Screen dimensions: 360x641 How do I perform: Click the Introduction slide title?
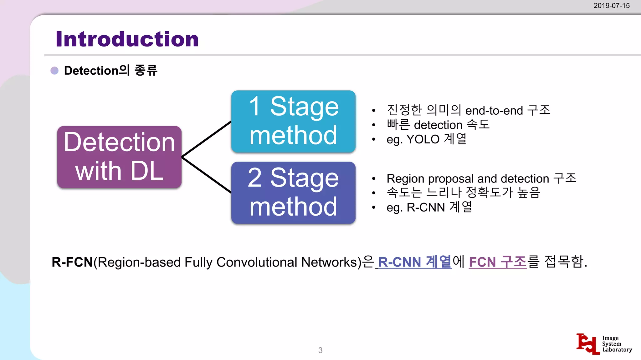tap(127, 39)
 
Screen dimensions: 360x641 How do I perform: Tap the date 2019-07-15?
tap(611, 6)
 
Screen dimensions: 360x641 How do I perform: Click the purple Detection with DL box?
tap(119, 157)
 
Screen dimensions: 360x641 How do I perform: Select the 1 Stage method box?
tap(293, 121)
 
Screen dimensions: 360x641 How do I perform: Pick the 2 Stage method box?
tap(293, 192)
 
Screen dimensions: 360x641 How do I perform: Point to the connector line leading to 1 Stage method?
tap(207, 139)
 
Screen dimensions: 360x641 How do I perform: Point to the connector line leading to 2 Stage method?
tap(207, 175)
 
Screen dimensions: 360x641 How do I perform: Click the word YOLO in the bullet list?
tap(423, 139)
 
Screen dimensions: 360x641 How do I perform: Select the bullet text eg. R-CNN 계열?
tap(429, 207)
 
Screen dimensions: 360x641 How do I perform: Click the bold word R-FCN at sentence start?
tap(72, 262)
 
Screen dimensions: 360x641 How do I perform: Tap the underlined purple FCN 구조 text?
tap(497, 262)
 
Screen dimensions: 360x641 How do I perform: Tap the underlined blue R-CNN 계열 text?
tap(414, 262)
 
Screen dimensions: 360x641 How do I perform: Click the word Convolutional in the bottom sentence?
tap(257, 262)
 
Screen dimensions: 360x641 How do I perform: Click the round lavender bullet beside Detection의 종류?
tap(54, 71)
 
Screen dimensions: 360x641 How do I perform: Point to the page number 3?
tap(320, 350)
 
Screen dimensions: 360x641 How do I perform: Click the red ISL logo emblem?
tap(588, 344)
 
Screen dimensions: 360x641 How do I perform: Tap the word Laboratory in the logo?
tap(617, 350)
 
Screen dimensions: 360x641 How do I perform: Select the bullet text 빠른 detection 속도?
tap(438, 125)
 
